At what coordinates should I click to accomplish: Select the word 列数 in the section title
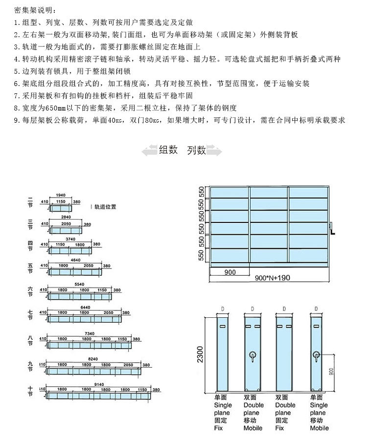[x=196, y=151]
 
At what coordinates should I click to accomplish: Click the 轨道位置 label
[x=105, y=206]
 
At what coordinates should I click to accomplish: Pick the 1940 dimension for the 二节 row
[x=62, y=195]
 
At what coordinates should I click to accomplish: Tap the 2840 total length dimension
[x=66, y=216]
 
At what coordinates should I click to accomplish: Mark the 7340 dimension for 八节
[x=89, y=333]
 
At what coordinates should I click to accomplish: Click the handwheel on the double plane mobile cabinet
[x=252, y=354]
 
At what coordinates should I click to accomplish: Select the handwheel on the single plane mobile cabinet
[x=316, y=354]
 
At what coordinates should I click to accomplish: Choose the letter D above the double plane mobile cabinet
[x=252, y=309]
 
